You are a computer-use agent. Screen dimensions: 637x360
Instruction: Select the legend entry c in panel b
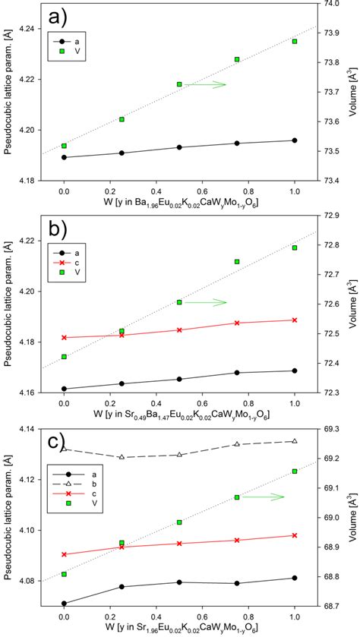tap(104, 262)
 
